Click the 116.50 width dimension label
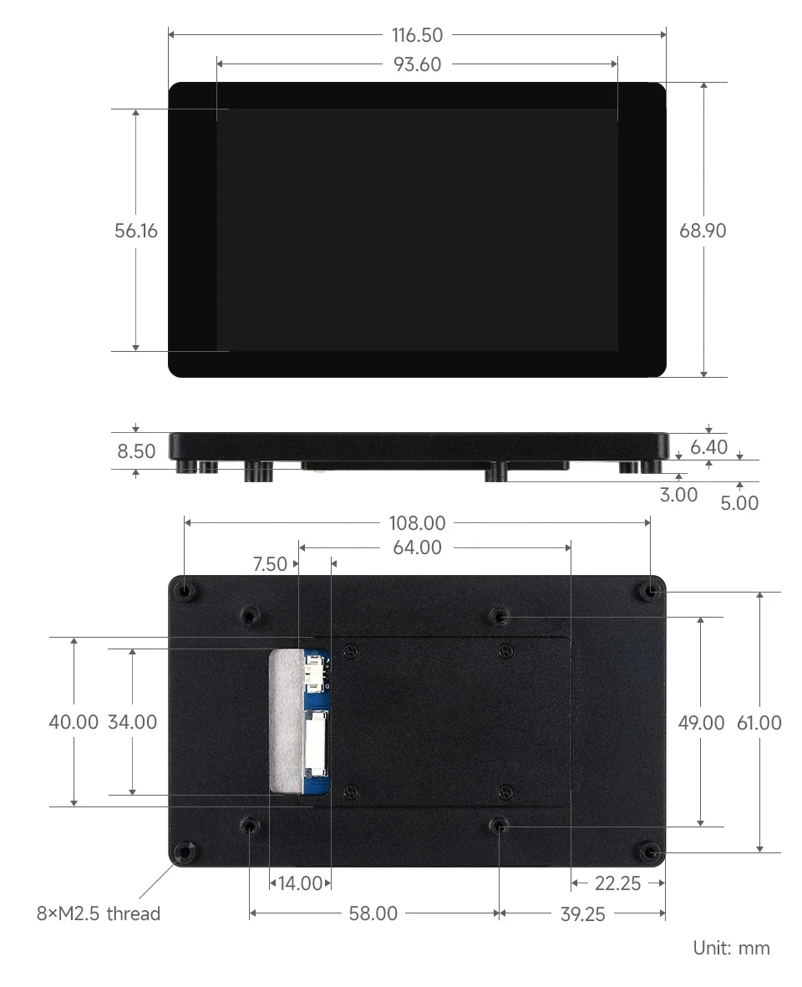coord(417,35)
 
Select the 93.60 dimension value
coord(417,64)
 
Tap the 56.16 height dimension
coord(136,231)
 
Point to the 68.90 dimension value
coord(703,231)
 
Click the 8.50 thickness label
coord(136,451)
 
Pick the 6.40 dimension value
coord(709,447)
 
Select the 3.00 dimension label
coord(678,495)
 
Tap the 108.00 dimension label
coord(417,523)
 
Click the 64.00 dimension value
coord(417,548)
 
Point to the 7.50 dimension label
coord(270,564)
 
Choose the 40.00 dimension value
coord(74,722)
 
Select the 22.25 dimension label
coord(617,883)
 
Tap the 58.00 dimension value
coord(373,913)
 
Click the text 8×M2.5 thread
coord(99,913)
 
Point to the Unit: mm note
coord(731,948)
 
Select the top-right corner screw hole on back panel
coord(650,591)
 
